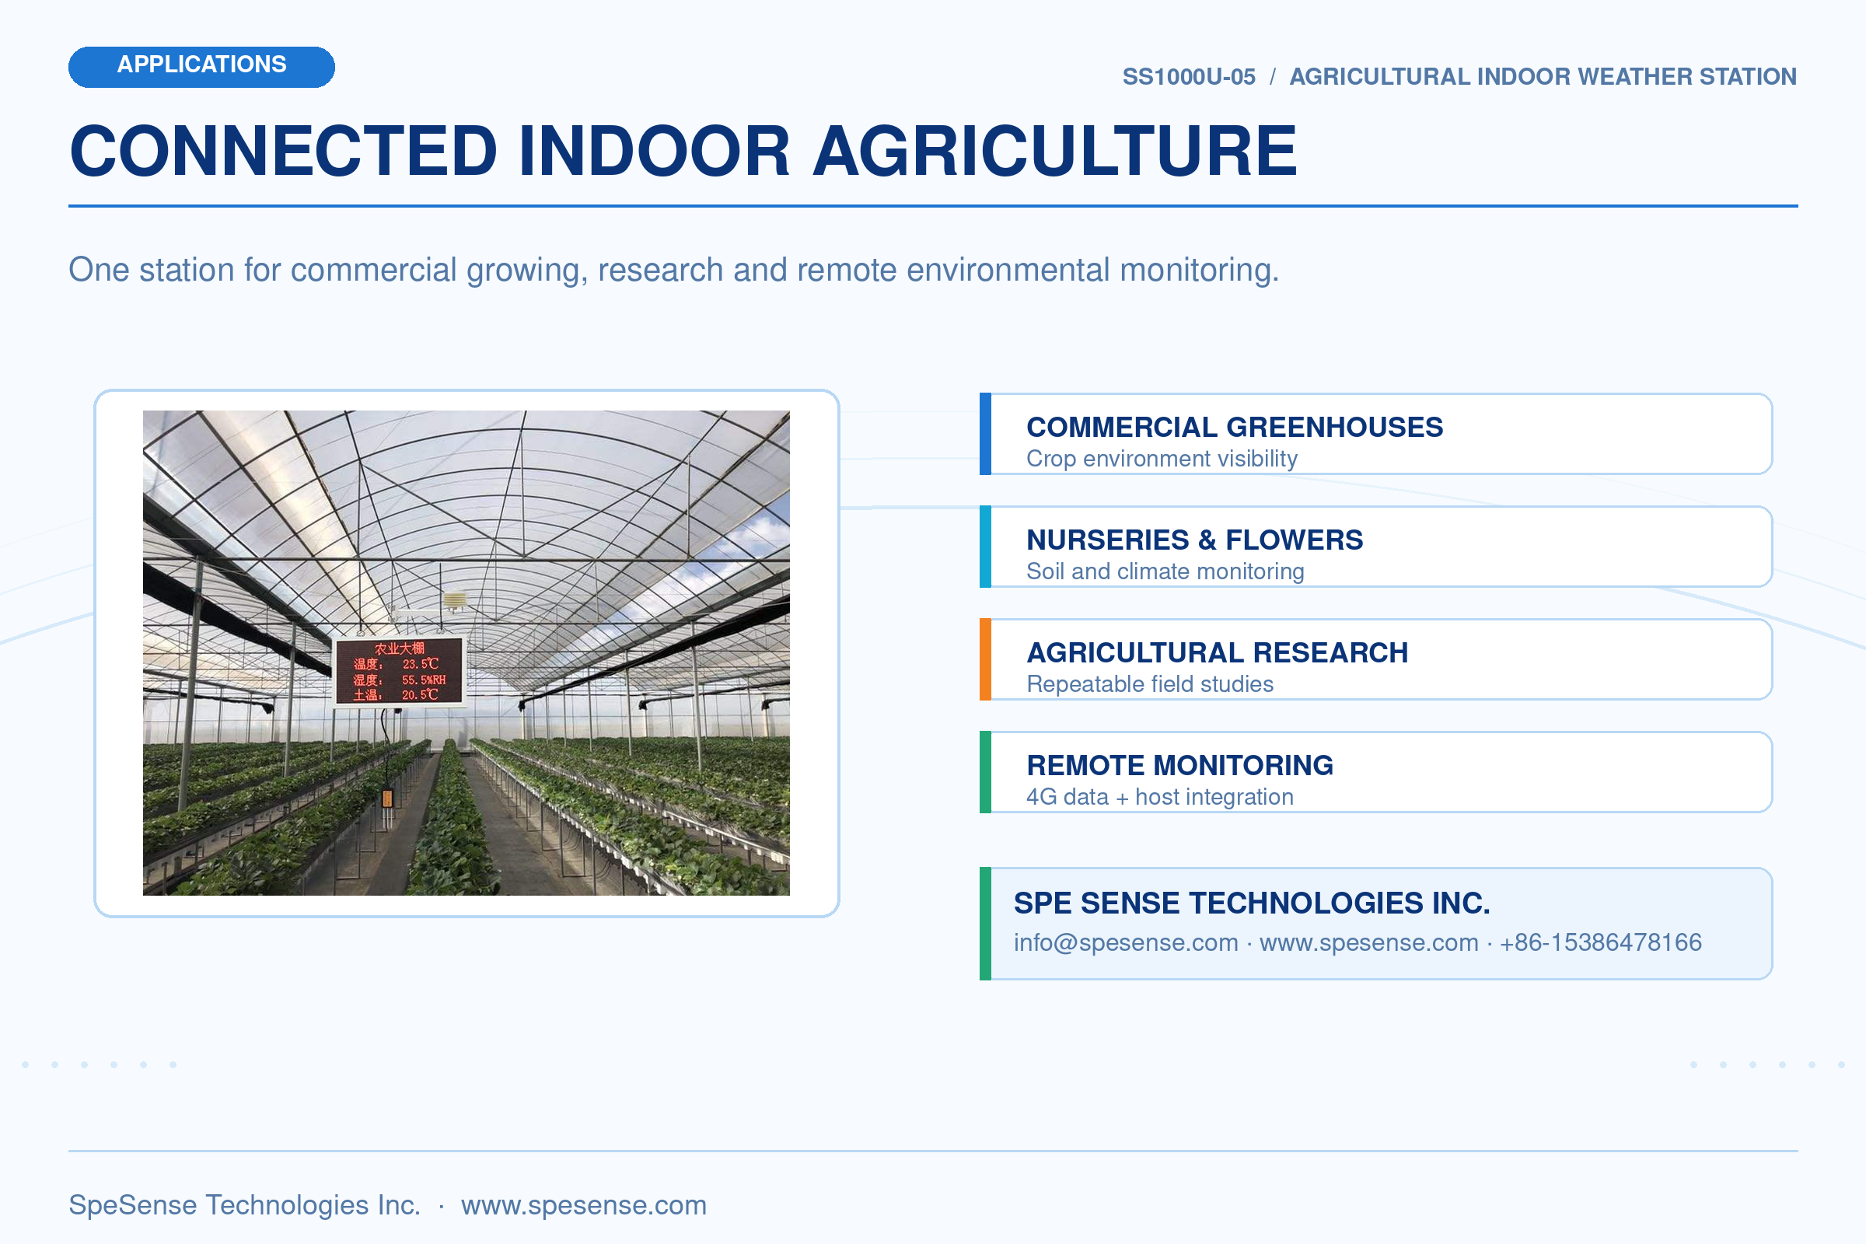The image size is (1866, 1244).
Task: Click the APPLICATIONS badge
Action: pyautogui.click(x=201, y=67)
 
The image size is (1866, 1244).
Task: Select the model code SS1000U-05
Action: pyautogui.click(x=1189, y=77)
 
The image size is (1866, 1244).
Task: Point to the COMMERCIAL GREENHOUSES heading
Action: pyautogui.click(x=1235, y=427)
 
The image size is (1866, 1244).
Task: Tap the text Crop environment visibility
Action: pyautogui.click(x=1162, y=459)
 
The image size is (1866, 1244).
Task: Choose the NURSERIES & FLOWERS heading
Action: pyautogui.click(x=1195, y=540)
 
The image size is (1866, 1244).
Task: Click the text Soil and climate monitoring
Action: pyautogui.click(x=1165, y=571)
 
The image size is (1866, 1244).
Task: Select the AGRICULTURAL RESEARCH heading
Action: pyautogui.click(x=1217, y=652)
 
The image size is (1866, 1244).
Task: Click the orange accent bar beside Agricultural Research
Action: pyautogui.click(x=985, y=659)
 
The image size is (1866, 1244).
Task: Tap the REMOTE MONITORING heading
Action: pyautogui.click(x=1179, y=765)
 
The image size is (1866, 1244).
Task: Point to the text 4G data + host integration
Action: pyautogui.click(x=1160, y=796)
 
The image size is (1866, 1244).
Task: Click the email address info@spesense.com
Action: pyautogui.click(x=1126, y=942)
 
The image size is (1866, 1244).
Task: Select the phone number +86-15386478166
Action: pyautogui.click(x=1601, y=942)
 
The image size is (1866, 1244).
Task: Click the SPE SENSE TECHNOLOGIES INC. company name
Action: pyautogui.click(x=1252, y=903)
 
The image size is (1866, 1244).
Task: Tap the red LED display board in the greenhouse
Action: pyautogui.click(x=399, y=671)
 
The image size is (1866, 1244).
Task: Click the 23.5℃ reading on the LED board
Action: pyautogui.click(x=420, y=664)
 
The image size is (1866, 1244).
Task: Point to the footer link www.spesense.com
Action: pyautogui.click(x=584, y=1205)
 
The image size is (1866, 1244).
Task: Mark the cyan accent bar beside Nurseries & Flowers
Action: pyautogui.click(x=985, y=547)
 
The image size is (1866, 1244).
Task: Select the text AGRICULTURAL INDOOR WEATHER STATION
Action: pyautogui.click(x=1543, y=77)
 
